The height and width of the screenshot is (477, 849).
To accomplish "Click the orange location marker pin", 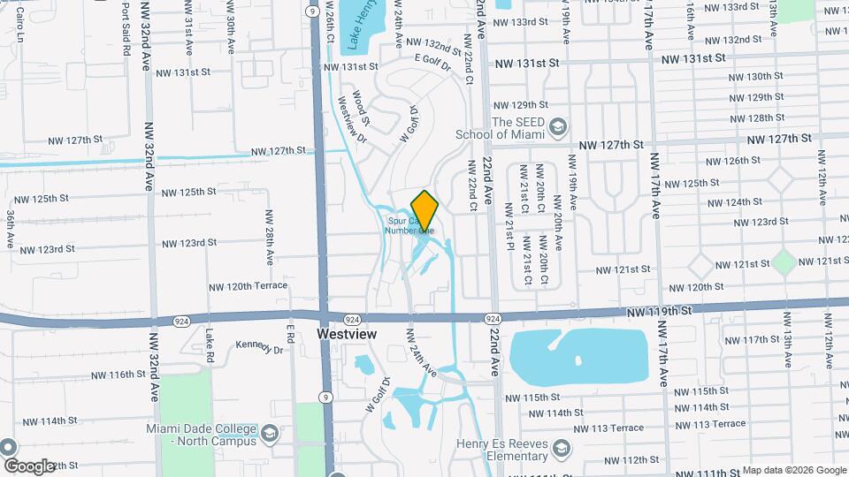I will [x=424, y=210].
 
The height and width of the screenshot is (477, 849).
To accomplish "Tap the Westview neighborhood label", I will [x=347, y=335].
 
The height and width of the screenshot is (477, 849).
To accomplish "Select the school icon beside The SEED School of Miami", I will [x=557, y=127].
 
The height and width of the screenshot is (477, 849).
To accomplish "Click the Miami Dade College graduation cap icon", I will [x=270, y=433].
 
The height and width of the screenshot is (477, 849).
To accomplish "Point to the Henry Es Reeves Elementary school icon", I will [x=560, y=450].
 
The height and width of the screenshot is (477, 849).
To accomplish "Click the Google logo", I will [x=28, y=466].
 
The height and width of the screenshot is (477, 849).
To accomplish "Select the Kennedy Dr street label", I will [x=259, y=348].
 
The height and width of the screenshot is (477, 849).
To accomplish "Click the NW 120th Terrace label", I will [x=248, y=286].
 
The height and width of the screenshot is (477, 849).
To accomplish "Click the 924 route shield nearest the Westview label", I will [x=352, y=319].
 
